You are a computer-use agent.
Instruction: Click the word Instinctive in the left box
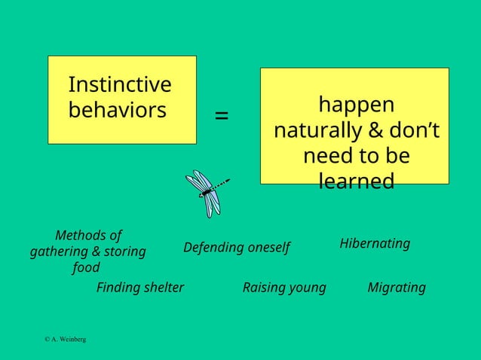coord(119,84)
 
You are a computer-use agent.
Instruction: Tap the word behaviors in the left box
coord(117,110)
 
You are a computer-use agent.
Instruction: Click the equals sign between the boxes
coord(222,115)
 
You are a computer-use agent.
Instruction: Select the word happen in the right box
coord(356,105)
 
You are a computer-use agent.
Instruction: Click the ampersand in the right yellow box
coord(375,131)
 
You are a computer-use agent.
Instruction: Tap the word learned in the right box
coord(356,182)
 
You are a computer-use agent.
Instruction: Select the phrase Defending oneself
coord(236,248)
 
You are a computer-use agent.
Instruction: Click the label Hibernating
coord(375,243)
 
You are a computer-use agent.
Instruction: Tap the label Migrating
coord(396,288)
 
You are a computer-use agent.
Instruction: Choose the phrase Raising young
coord(284,288)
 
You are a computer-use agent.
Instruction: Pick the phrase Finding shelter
coord(140,288)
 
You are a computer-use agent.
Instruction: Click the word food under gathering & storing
coord(86,267)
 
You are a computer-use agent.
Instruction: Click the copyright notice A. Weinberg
coord(65,340)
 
